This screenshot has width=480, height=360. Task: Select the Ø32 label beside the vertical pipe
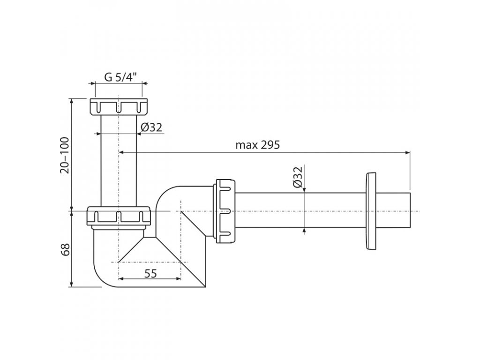point(151,127)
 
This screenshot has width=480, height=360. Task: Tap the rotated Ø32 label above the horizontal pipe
point(297,177)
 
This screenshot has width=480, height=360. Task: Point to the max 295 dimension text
point(257,145)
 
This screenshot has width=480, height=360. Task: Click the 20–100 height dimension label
point(65,155)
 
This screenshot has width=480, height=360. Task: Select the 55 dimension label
point(150,273)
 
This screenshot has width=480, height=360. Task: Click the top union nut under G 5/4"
point(119,107)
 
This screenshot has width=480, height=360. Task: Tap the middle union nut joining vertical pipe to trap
point(119,217)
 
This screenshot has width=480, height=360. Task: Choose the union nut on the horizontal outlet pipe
point(225,211)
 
